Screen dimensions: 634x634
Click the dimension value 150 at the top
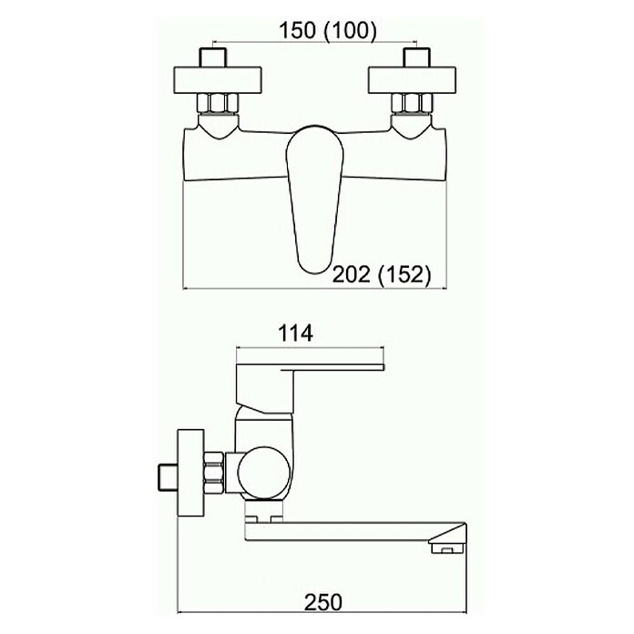(x=297, y=30)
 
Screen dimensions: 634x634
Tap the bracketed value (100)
(x=350, y=31)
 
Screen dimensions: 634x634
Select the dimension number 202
(x=351, y=275)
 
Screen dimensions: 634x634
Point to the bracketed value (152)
(x=404, y=275)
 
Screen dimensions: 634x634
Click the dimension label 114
(x=295, y=334)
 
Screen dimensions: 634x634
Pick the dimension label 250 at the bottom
(x=323, y=602)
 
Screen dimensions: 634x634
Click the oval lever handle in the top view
(x=314, y=199)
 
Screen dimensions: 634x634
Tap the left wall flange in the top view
(x=218, y=79)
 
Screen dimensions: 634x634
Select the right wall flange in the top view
(x=412, y=79)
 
